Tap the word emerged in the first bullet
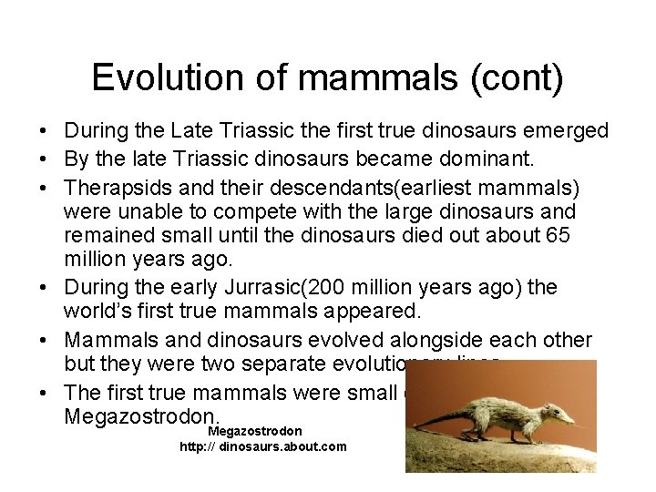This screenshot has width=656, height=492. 562,131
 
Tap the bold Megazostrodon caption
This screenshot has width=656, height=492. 255,429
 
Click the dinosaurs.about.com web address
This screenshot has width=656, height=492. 264,446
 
